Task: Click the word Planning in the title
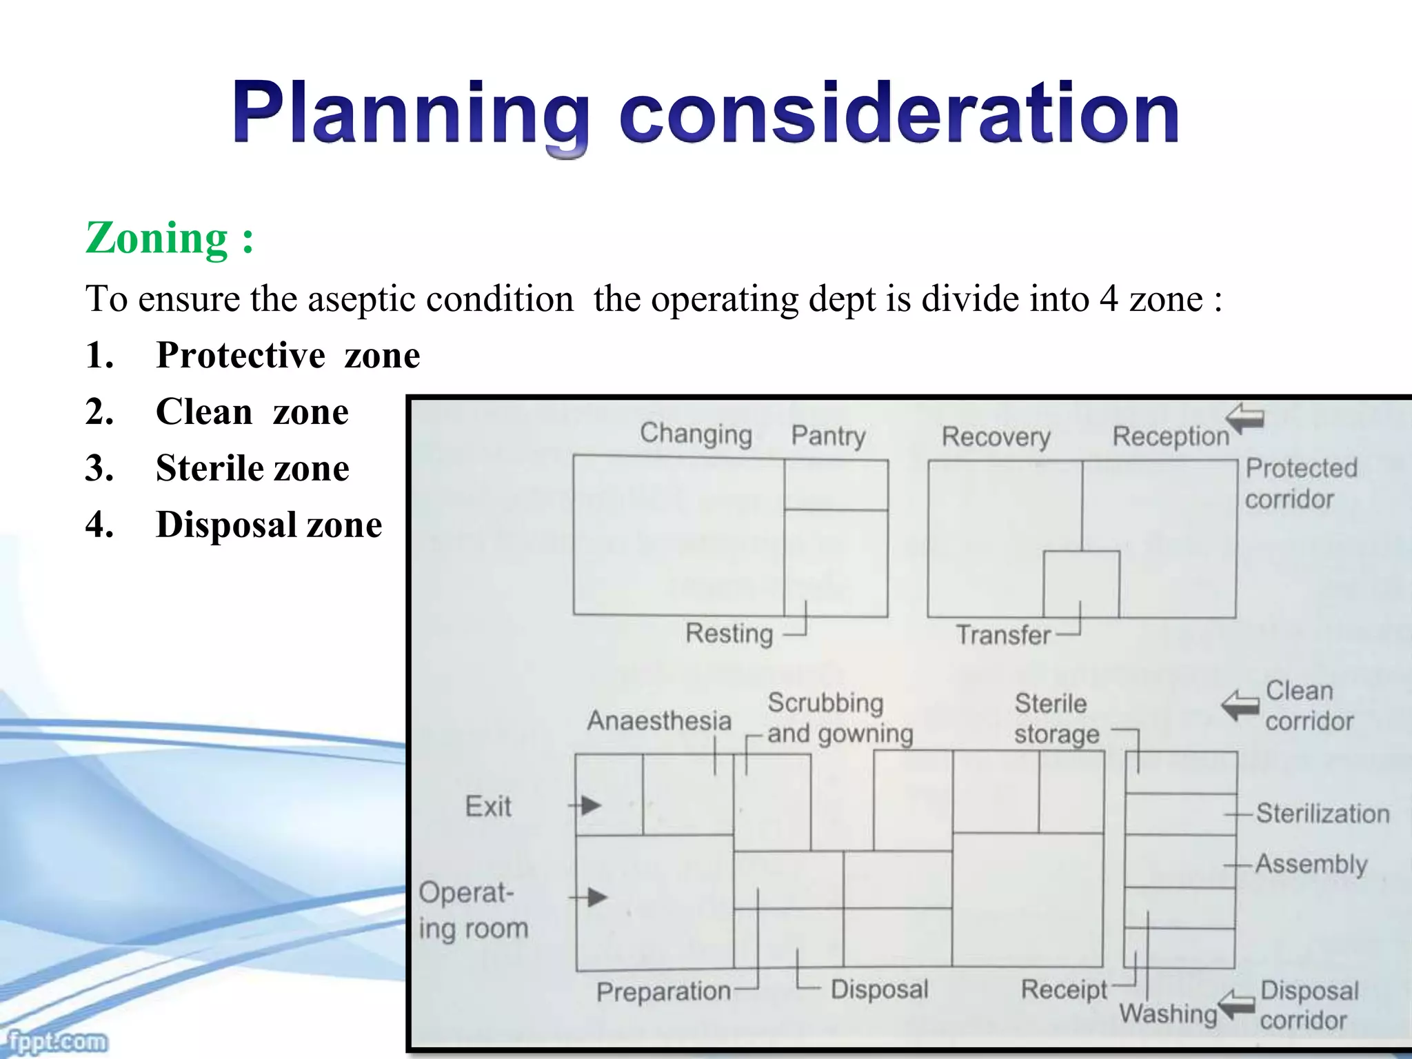click(x=411, y=114)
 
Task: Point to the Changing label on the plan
click(x=696, y=434)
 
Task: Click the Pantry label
click(x=828, y=436)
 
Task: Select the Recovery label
click(x=996, y=437)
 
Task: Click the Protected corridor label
click(x=1300, y=483)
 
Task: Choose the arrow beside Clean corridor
click(x=1240, y=705)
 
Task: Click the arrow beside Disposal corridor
click(x=1236, y=1006)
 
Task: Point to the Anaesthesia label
click(x=659, y=721)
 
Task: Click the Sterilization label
click(x=1322, y=814)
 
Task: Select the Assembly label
click(x=1311, y=865)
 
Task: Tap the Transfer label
click(x=1003, y=635)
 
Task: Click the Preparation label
click(x=663, y=992)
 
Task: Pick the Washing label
click(x=1168, y=1014)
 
